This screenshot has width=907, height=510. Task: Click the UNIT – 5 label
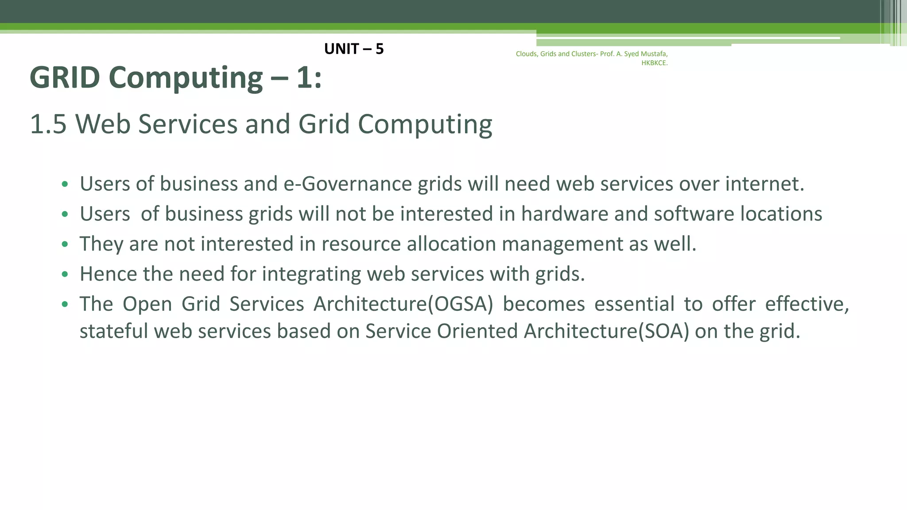[x=354, y=49]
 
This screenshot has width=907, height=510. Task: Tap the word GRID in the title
[x=65, y=78]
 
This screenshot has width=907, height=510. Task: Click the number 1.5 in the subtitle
[x=48, y=124]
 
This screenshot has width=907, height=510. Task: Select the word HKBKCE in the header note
[x=654, y=63]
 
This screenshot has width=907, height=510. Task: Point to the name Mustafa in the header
[x=654, y=54]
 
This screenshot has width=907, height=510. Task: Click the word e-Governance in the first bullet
[x=348, y=184]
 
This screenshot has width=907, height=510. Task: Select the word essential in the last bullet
[x=634, y=304]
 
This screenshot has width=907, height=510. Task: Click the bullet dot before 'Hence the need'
[x=65, y=274]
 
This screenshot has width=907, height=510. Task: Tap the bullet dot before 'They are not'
[x=65, y=244]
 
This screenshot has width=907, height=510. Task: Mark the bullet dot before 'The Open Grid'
[x=65, y=305]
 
